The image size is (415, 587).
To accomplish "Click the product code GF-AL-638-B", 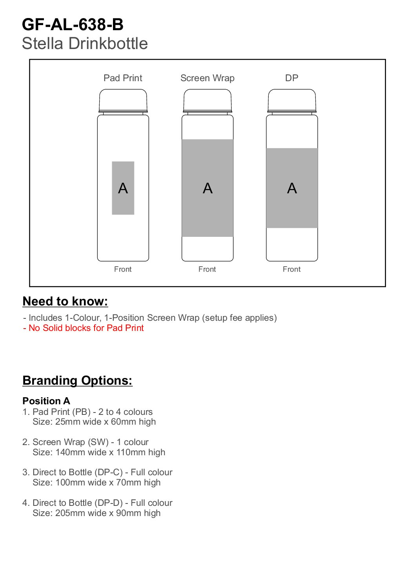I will [x=73, y=25].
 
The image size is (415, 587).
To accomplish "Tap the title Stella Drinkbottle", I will [x=85, y=44].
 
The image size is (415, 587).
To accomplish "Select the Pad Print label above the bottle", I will [x=123, y=78].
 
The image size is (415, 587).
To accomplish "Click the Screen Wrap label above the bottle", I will [x=207, y=78].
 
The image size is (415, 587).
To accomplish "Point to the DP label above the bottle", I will [x=291, y=78].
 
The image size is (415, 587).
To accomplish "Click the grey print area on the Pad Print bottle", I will [x=123, y=204].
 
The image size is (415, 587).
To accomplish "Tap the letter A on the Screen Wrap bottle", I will [x=207, y=189].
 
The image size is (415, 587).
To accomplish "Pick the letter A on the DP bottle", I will [x=292, y=189].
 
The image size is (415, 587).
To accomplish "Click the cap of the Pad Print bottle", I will [x=123, y=100].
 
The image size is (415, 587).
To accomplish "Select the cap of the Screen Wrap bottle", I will [x=207, y=100].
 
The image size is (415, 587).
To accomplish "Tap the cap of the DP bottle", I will [x=292, y=100].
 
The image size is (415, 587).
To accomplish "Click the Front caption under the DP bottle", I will [x=291, y=269].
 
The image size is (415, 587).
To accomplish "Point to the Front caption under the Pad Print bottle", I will [x=123, y=269].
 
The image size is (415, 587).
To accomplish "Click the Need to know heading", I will [x=65, y=301].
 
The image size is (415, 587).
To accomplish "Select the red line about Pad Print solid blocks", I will [x=84, y=328].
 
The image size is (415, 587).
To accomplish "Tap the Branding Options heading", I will [x=77, y=380].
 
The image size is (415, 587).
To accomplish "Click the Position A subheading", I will [x=46, y=401].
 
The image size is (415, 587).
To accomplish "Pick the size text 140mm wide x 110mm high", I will [x=110, y=452].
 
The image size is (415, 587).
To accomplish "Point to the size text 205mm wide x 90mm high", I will [x=108, y=513].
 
